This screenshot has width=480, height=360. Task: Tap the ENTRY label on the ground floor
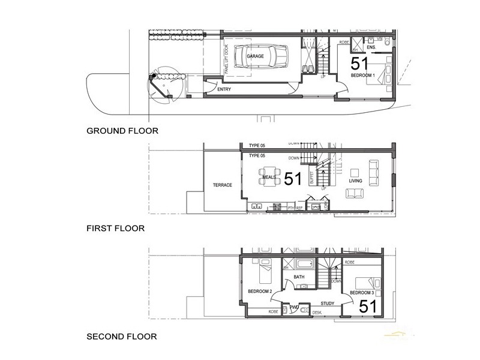(224, 89)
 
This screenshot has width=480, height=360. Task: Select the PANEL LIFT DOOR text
(226, 55)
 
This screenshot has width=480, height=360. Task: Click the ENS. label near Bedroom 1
(371, 46)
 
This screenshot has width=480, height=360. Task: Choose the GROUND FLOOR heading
(122, 130)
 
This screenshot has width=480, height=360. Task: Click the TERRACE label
(223, 185)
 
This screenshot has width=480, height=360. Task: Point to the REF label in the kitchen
(299, 208)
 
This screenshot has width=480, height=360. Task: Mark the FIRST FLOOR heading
(116, 229)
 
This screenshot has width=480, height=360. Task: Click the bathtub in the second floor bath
(302, 264)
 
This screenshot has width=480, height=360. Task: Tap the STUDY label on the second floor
(327, 304)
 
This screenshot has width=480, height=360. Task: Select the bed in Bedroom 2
(263, 274)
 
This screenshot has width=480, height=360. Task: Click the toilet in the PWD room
(305, 310)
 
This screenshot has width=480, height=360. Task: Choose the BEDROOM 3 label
(362, 293)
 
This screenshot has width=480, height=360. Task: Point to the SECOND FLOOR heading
(122, 337)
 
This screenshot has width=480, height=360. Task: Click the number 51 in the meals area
(293, 179)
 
